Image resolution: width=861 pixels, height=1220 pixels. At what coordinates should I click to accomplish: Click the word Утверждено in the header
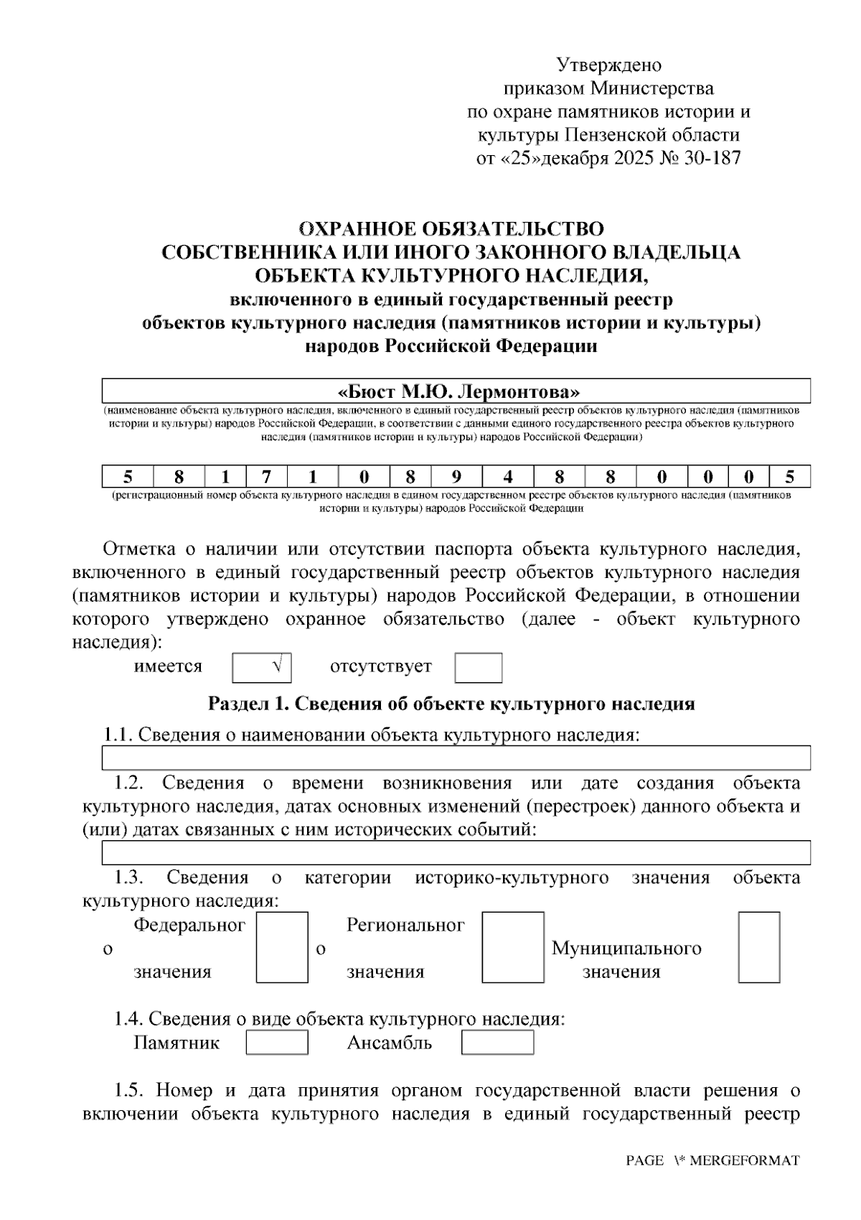[609, 65]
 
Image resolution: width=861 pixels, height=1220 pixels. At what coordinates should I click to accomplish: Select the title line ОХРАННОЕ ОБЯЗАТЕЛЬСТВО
[451, 229]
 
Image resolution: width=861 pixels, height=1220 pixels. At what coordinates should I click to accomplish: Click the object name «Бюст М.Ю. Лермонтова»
[458, 392]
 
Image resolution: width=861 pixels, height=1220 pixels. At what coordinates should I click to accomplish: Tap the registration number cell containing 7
[266, 478]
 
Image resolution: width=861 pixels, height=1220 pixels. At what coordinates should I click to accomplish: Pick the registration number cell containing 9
[456, 478]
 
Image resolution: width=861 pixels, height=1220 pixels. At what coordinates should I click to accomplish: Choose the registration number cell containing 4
[507, 478]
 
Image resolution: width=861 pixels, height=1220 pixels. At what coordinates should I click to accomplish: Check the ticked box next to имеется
[262, 667]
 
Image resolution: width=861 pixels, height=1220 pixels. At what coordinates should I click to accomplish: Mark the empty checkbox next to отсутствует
[478, 668]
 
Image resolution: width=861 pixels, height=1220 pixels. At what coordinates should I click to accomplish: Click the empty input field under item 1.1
[456, 758]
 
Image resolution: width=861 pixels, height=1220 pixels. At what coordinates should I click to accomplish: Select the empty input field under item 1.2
[456, 852]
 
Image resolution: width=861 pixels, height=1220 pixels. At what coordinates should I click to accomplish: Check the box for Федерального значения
[282, 947]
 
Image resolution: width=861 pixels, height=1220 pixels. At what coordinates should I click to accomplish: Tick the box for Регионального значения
[512, 947]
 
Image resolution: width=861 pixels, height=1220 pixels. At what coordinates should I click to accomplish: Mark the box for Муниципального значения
[758, 947]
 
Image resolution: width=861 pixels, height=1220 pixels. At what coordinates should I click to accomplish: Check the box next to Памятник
[277, 1043]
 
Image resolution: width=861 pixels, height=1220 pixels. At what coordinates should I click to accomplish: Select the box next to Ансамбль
[497, 1043]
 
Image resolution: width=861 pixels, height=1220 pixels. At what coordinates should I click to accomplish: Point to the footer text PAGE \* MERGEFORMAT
[712, 1161]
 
